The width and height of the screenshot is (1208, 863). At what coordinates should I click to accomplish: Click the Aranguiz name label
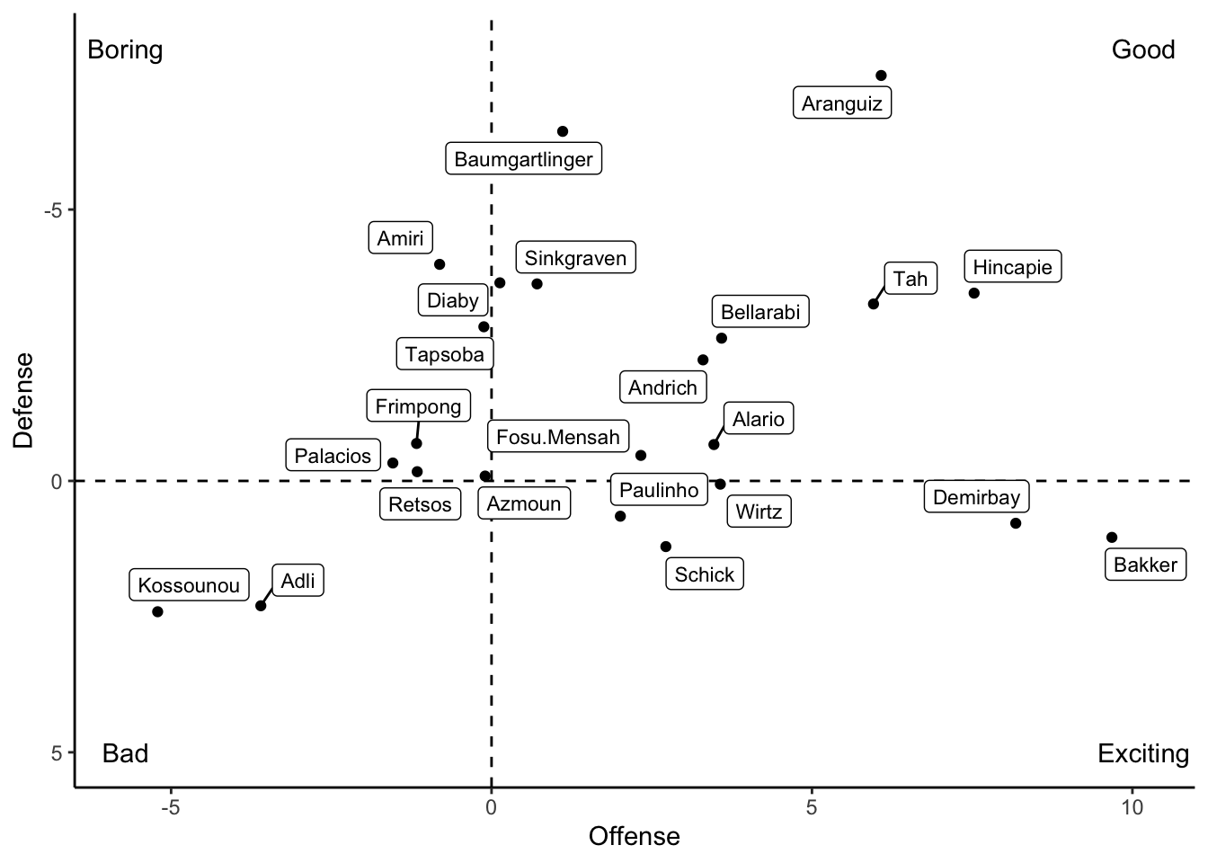click(x=842, y=103)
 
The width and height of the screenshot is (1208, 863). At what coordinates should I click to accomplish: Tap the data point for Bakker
click(x=1112, y=538)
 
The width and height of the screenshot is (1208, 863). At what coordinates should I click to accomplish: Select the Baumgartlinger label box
click(x=523, y=159)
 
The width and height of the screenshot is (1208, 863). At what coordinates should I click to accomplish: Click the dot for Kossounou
click(x=157, y=612)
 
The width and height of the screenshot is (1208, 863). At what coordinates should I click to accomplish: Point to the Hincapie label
click(x=1012, y=267)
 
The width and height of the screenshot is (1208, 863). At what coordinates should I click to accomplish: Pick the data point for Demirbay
click(x=1016, y=523)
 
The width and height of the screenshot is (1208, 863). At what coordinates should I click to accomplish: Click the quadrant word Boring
click(x=125, y=49)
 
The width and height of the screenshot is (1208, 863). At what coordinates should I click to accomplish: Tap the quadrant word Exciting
click(x=1143, y=753)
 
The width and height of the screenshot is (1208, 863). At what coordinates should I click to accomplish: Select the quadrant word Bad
click(x=125, y=753)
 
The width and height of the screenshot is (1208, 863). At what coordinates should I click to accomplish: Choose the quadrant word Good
click(x=1143, y=49)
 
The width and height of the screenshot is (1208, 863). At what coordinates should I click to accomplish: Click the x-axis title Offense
click(x=634, y=837)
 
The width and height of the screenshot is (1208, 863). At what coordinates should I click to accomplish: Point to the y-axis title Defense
click(x=23, y=400)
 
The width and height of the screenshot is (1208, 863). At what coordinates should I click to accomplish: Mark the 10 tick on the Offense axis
click(x=1132, y=807)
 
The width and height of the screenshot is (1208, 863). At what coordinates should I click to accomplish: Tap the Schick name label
click(x=705, y=574)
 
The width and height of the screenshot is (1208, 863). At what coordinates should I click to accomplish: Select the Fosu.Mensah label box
click(x=558, y=437)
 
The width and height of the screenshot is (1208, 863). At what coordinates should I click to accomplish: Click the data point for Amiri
click(x=440, y=264)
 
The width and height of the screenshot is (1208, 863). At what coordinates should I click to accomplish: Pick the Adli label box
click(x=298, y=581)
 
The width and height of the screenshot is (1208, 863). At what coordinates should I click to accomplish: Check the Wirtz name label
click(x=759, y=512)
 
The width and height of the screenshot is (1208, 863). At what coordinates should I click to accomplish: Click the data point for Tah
click(x=874, y=304)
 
